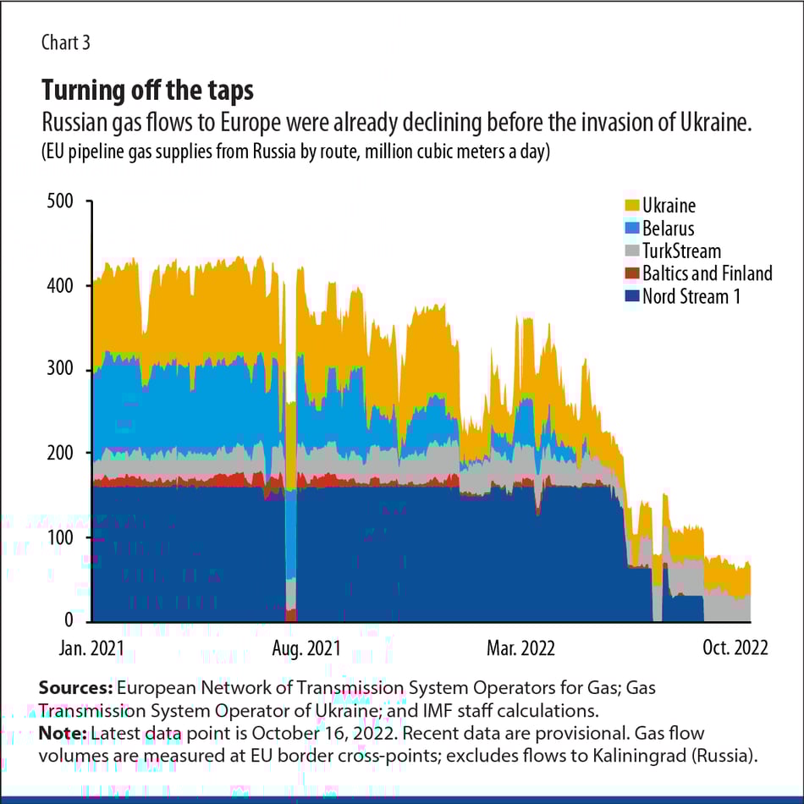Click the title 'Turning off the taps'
point(147,90)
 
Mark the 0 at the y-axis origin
point(70,620)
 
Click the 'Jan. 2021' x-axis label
point(92,647)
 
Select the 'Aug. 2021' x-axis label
point(305,647)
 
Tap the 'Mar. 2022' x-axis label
point(520,647)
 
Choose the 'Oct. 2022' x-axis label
point(734,647)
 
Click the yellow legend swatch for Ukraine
point(631,206)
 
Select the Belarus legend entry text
point(668,229)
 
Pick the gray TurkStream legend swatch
point(631,251)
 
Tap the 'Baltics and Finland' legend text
point(707,273)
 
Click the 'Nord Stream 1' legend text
point(691,296)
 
